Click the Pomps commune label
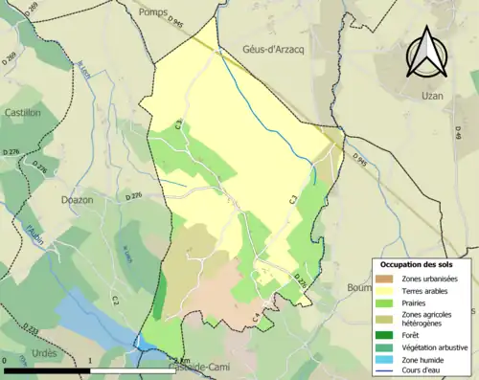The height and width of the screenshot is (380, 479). coord(152,11)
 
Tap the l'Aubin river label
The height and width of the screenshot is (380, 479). coord(37,234)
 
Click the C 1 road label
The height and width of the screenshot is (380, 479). coord(295,199)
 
